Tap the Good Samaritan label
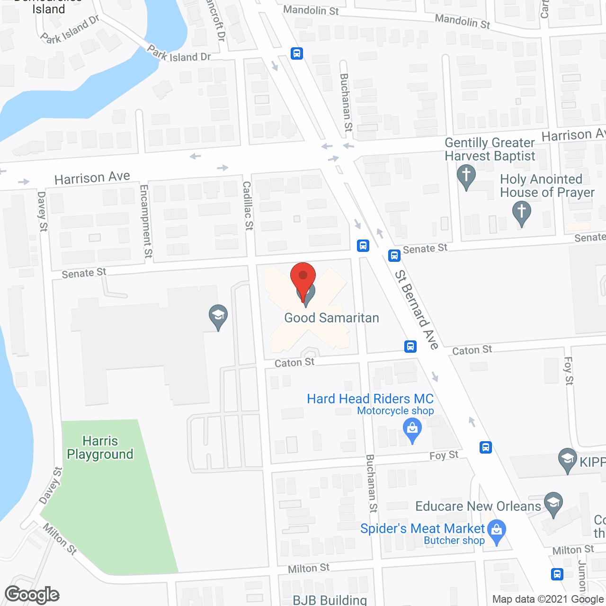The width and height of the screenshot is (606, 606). pos(331,318)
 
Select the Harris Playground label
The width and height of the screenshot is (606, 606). pos(100,447)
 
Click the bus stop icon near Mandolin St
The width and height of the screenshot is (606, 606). pos(297,53)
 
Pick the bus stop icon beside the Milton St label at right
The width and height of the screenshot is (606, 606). pos(557,574)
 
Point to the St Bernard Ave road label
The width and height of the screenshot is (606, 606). pos(417,310)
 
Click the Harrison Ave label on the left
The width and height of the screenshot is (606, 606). pos(92,178)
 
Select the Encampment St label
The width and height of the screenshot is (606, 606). pos(146,221)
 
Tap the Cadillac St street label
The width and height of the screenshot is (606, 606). pos(248,205)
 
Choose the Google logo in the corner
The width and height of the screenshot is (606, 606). pos(32,595)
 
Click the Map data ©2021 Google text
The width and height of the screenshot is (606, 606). pos(548,599)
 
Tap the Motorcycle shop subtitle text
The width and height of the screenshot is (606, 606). pos(395,411)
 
